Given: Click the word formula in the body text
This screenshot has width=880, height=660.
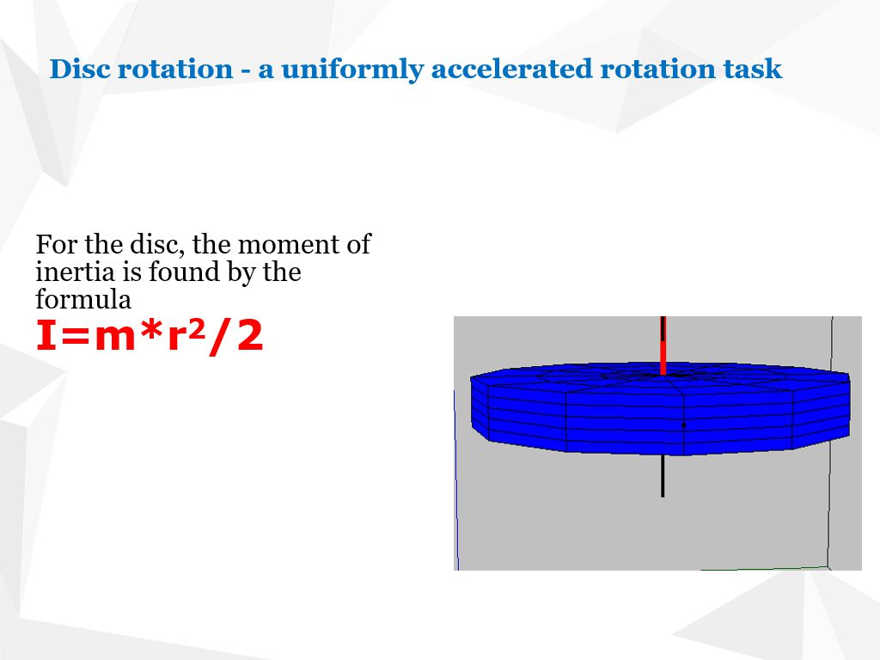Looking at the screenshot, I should [83, 300].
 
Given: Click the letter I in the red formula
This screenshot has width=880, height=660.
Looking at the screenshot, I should [44, 336].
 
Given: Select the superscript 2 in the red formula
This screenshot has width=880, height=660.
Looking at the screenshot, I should [197, 327].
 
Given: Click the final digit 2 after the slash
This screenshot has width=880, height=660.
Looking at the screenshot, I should [249, 336].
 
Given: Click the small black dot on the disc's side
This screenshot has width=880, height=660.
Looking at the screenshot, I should [683, 425].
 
